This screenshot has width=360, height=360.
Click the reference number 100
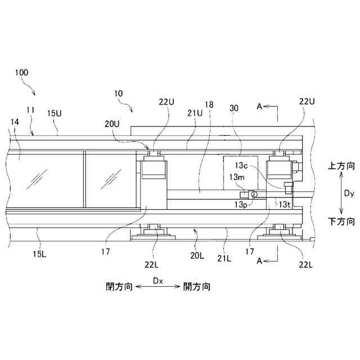pos(22,73)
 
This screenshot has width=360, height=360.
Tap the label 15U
pos(55,113)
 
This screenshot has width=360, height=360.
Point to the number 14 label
pos(14,121)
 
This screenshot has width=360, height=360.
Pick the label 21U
pos(195,113)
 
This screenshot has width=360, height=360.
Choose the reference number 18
pos(209,105)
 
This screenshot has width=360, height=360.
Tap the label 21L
pos(224,258)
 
